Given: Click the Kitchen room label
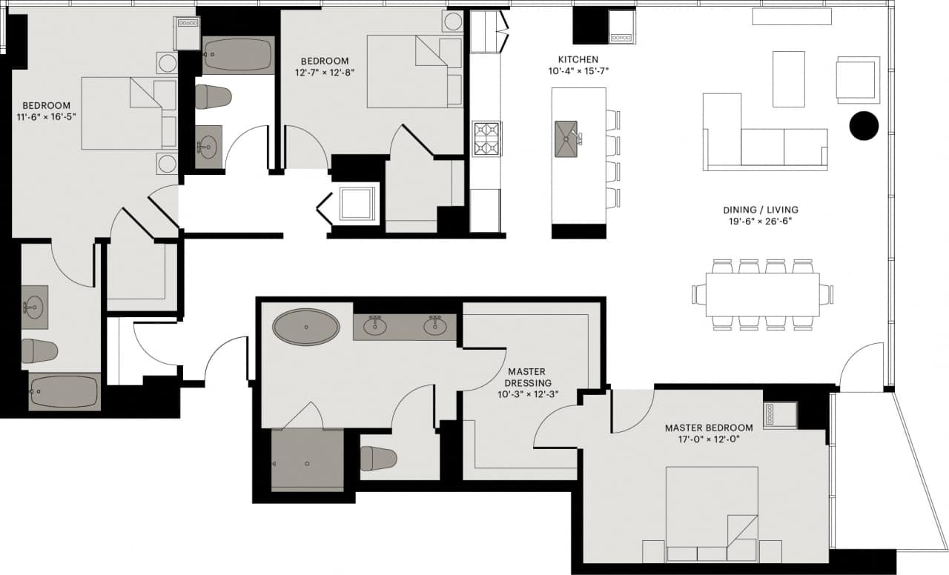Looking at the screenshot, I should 578,59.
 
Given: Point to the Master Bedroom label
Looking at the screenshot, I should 708,428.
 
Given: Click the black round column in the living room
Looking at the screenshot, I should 863,126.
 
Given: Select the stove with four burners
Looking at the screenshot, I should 487,139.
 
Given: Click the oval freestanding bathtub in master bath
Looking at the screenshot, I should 306,327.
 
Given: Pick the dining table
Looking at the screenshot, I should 762,294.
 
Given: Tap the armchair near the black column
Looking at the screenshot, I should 857,79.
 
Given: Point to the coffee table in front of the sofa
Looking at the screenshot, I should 788,79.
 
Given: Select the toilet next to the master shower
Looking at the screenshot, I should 377,458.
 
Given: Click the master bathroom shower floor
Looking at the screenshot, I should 307,460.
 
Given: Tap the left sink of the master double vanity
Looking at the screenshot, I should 376,324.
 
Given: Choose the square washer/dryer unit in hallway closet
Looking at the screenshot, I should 359,203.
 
